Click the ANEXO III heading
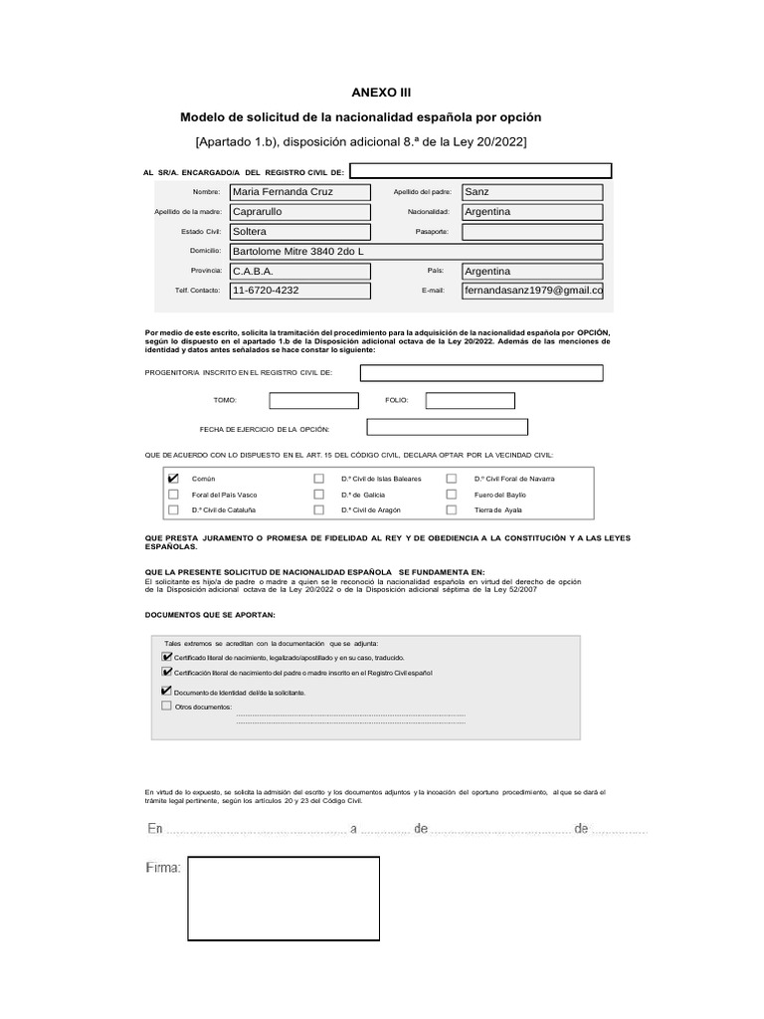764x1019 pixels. (x=382, y=93)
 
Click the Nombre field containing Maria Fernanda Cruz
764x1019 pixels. (x=299, y=192)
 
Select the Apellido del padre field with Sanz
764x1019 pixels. (x=532, y=192)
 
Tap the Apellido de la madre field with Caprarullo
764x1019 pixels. (x=299, y=212)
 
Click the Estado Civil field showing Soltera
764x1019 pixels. (x=299, y=232)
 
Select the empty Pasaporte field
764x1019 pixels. (x=532, y=232)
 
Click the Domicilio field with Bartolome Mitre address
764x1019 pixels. (x=416, y=252)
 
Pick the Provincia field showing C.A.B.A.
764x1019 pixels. (x=299, y=271)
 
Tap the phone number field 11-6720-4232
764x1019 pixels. (x=299, y=291)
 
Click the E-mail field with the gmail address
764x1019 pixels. (x=532, y=291)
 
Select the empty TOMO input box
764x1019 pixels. (x=313, y=401)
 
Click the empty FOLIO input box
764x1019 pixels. (x=470, y=401)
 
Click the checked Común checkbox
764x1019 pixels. (x=174, y=479)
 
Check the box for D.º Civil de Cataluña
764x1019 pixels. (x=174, y=509)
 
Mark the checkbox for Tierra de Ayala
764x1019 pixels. (x=452, y=509)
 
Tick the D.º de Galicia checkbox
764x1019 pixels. (x=319, y=495)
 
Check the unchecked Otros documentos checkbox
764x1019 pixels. (x=166, y=706)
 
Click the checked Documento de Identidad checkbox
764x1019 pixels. (x=166, y=691)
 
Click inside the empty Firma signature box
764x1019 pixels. (x=285, y=899)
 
